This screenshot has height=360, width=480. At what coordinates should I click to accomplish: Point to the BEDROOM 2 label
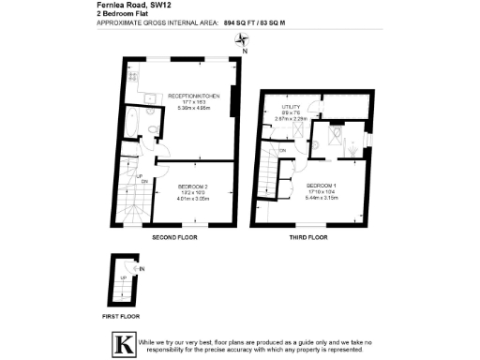coord(192,187)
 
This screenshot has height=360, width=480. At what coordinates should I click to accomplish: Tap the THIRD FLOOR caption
coord(307,238)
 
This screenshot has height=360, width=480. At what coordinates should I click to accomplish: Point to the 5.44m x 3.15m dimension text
coord(321,198)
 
